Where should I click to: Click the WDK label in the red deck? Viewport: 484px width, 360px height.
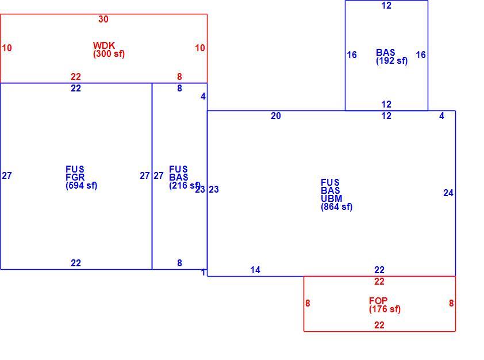pyautogui.click(x=103, y=45)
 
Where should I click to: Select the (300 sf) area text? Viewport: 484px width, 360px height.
pyautogui.click(x=109, y=53)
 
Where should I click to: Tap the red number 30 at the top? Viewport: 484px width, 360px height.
pyautogui.click(x=103, y=19)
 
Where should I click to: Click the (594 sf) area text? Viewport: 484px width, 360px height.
pyautogui.click(x=81, y=186)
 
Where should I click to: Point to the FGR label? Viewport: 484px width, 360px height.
pyautogui.click(x=75, y=177)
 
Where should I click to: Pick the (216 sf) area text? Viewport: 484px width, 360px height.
pyautogui.click(x=185, y=186)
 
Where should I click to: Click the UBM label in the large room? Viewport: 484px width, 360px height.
pyautogui.click(x=332, y=198)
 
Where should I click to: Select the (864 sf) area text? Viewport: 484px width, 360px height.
pyautogui.click(x=336, y=207)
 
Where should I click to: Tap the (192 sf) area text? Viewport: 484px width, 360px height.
pyautogui.click(x=391, y=61)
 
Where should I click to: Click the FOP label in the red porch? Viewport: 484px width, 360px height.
pyautogui.click(x=378, y=301)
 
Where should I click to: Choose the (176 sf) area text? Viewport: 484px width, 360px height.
pyautogui.click(x=385, y=309)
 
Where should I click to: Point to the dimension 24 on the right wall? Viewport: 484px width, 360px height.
pyautogui.click(x=448, y=193)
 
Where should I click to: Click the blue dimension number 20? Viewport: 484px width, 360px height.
pyautogui.click(x=276, y=116)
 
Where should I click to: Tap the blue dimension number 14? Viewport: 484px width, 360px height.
pyautogui.click(x=255, y=270)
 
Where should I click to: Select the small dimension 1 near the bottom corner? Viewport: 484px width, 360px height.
pyautogui.click(x=203, y=273)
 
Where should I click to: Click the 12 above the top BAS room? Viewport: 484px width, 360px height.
pyautogui.click(x=386, y=6)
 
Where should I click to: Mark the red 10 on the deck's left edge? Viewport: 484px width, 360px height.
pyautogui.click(x=7, y=48)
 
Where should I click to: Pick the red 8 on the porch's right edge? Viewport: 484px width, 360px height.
pyautogui.click(x=451, y=303)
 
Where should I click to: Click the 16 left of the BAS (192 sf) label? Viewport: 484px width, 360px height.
pyautogui.click(x=352, y=55)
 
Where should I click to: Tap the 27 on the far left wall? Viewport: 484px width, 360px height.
pyautogui.click(x=7, y=175)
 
